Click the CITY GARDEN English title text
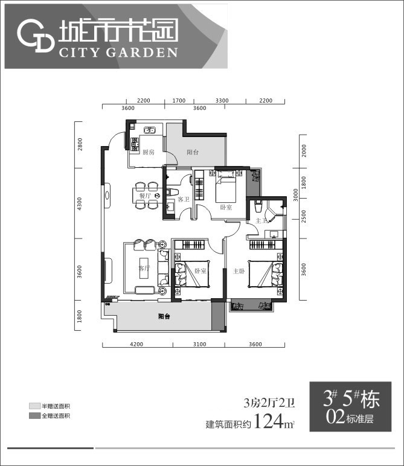pos(118,52)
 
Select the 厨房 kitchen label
pos(148,152)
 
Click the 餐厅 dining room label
pos(144,196)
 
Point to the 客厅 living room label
pos(144,267)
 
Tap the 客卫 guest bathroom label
pos(184,200)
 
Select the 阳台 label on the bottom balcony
pos(164,316)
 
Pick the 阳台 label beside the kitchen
pos(193,153)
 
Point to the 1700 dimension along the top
pos(179,100)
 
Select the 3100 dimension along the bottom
pos(199,345)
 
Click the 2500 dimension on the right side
pos(304,215)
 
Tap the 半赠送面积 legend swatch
pos(34,406)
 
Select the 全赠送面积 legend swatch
pos(34,416)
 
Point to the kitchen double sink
pos(150,130)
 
